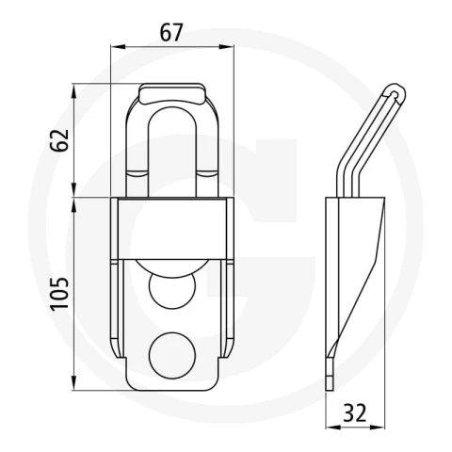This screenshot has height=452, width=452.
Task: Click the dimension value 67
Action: pyautogui.click(x=171, y=32)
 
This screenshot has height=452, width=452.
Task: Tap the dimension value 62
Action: pyautogui.click(x=58, y=140)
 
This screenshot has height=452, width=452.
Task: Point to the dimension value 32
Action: pyautogui.click(x=355, y=412)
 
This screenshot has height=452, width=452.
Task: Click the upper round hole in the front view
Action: pyautogui.click(x=172, y=287)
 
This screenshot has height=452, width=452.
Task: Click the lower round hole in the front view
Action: pyautogui.click(x=172, y=355)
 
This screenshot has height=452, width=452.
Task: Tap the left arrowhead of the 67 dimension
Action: pyautogui.click(x=118, y=47)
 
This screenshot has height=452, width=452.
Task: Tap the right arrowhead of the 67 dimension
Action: pyautogui.click(x=226, y=47)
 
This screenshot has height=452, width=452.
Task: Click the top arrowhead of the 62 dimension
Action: pyautogui.click(x=74, y=91)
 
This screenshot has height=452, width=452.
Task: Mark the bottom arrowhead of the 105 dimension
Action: pyautogui.click(x=74, y=383)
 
